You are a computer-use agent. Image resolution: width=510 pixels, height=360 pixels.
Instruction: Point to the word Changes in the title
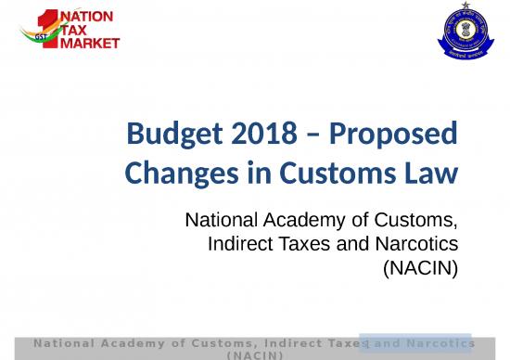click(x=172, y=173)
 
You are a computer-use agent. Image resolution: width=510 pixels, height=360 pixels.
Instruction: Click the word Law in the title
click(x=432, y=173)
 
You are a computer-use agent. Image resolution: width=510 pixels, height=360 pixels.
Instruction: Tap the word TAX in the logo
click(x=77, y=30)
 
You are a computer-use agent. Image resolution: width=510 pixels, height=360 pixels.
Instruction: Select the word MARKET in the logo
click(x=90, y=44)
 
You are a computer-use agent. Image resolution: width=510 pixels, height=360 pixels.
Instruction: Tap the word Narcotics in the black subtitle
click(x=417, y=243)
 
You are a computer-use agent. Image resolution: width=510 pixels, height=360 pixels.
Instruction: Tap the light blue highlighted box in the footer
click(x=415, y=342)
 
